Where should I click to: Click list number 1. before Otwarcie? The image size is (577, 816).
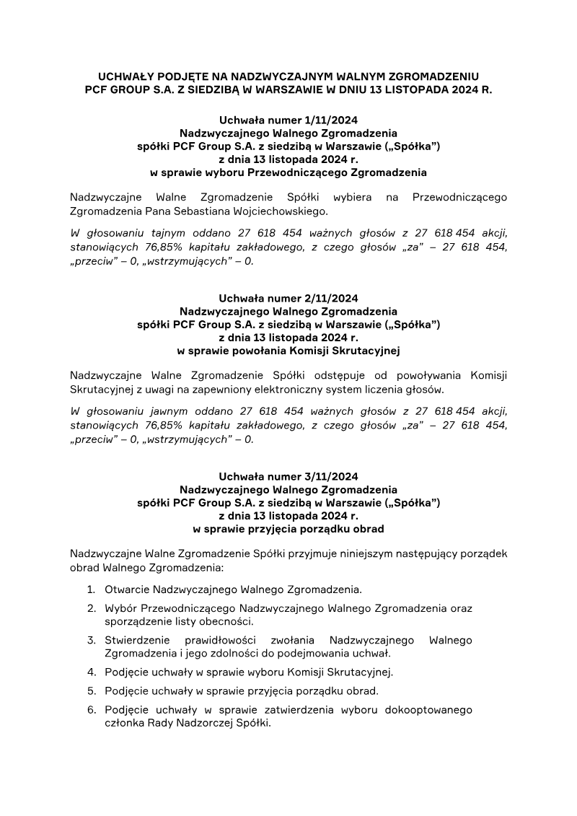click(92, 589)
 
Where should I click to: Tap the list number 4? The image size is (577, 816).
click(92, 672)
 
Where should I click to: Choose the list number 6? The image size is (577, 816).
click(92, 709)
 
